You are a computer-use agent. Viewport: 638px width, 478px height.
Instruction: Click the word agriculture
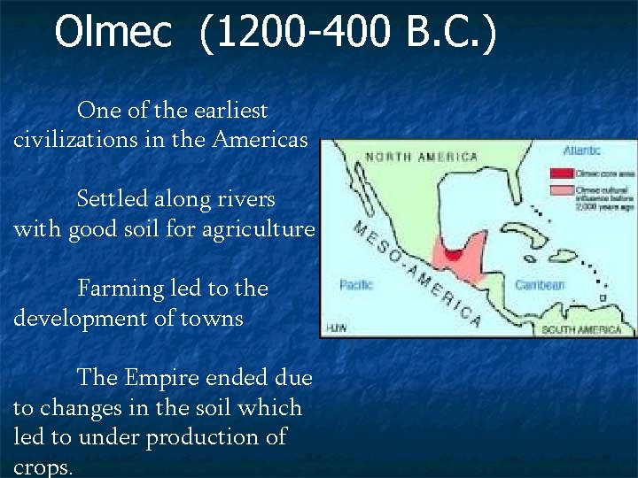[x=262, y=229]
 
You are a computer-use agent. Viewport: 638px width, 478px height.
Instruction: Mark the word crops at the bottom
[x=43, y=467]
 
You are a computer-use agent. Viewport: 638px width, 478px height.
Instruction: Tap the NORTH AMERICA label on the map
[x=422, y=158]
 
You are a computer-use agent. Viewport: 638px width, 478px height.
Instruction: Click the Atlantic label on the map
[x=581, y=150]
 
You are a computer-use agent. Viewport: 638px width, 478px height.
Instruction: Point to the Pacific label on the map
[x=356, y=285]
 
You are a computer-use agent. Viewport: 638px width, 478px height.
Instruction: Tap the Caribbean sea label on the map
[x=540, y=285]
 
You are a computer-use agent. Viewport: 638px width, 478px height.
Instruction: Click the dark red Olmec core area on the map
[x=453, y=255]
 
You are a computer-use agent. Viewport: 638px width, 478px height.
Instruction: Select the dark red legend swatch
[x=561, y=173]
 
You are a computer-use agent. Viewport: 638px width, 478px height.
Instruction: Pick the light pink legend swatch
[x=561, y=190]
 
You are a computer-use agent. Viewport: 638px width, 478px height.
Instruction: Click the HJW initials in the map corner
[x=335, y=328]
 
